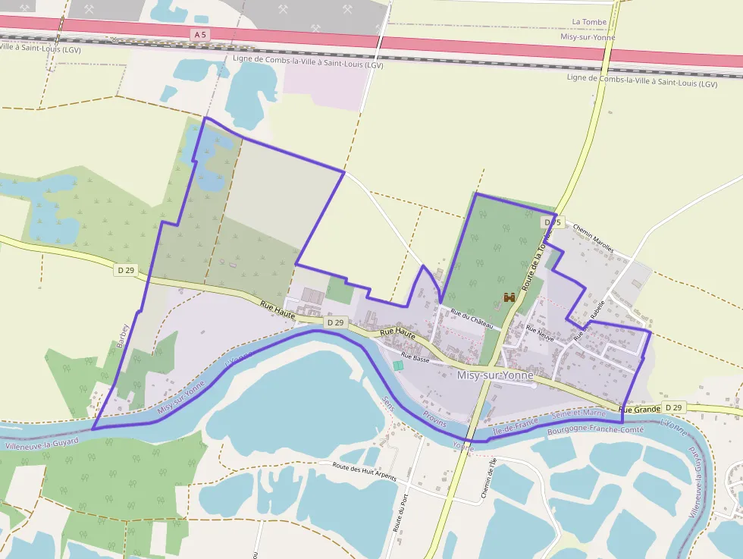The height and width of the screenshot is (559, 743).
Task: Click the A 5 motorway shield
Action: [200, 35]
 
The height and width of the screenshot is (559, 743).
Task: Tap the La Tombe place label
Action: [589, 22]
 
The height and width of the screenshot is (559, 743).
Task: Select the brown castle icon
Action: [509, 297]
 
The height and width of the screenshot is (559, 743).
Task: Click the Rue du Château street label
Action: [472, 318]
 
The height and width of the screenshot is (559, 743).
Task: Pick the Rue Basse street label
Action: [415, 357]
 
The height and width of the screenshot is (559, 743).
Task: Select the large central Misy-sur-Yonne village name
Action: [495, 375]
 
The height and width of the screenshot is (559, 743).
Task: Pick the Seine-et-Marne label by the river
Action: [580, 413]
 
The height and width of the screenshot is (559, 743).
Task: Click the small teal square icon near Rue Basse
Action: [398, 366]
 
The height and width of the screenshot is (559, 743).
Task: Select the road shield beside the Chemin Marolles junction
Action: [552, 222]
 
